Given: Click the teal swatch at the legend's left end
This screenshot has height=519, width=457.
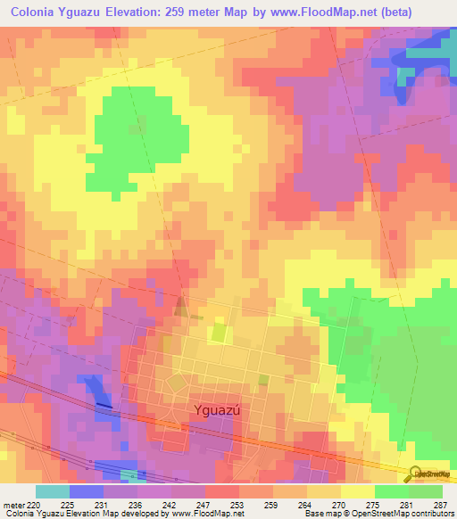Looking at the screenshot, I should (x=52, y=491).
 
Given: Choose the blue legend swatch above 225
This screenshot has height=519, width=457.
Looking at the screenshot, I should (x=86, y=491).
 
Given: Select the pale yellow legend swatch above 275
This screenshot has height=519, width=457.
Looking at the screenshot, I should (x=357, y=491).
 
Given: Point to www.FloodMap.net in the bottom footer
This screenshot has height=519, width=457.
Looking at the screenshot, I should (x=195, y=514).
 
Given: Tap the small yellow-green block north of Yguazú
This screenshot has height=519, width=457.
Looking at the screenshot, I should (x=219, y=334).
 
